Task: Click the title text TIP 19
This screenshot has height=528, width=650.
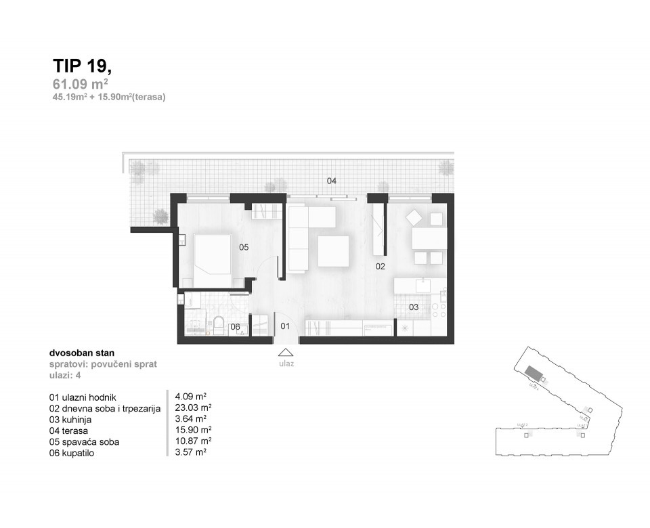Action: [82, 66]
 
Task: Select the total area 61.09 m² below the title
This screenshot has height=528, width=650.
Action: [81, 85]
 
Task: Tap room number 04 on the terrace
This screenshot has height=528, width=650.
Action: [332, 181]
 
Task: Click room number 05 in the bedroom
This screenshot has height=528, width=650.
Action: [244, 248]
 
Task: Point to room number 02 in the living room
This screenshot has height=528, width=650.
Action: [381, 267]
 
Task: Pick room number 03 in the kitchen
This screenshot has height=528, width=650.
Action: [413, 307]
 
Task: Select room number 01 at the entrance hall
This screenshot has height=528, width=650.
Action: [285, 326]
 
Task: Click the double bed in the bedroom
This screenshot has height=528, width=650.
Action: [212, 261]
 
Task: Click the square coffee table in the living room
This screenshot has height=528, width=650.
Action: [334, 250]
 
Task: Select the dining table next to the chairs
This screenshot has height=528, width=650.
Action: [429, 238]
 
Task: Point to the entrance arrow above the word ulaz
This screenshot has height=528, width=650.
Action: [286, 352]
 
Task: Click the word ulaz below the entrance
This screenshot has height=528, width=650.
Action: [286, 364]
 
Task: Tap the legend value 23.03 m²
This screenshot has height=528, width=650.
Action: [194, 408]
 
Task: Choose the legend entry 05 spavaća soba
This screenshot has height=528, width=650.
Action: [88, 442]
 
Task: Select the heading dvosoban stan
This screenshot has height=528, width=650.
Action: [82, 353]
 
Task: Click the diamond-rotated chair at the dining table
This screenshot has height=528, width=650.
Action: [414, 218]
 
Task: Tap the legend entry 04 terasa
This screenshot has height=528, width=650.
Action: [69, 431]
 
